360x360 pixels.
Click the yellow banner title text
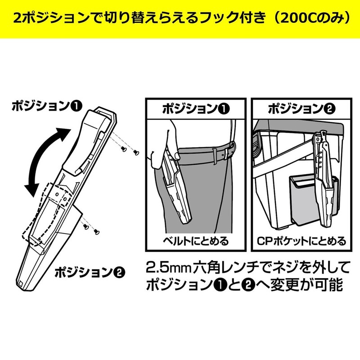pyautogui.click(x=180, y=19)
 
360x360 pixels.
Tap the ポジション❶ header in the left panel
pyautogui.click(x=195, y=109)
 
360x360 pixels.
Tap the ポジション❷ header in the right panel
pyautogui.click(x=300, y=109)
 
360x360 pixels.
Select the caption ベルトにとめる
pyautogui.click(x=195, y=241)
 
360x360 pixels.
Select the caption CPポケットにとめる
pyautogui.click(x=300, y=241)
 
